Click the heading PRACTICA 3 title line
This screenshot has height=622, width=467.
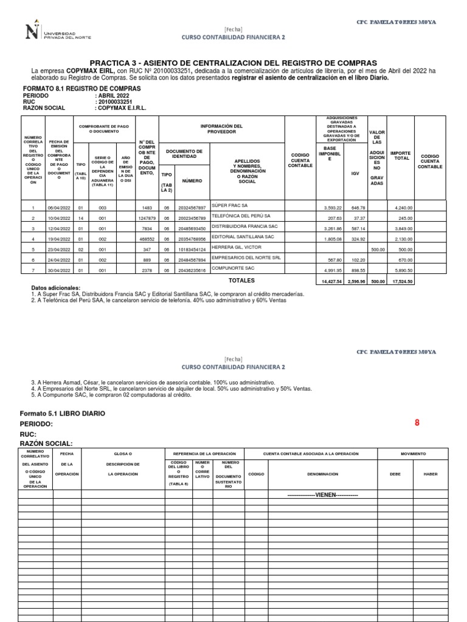click(233, 63)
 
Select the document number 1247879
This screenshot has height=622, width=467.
click(147, 217)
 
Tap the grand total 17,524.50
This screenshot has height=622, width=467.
click(401, 282)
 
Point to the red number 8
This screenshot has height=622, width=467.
click(417, 423)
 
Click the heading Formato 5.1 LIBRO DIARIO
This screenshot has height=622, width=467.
click(63, 413)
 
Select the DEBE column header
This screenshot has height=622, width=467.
click(395, 473)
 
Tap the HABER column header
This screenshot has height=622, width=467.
click(431, 473)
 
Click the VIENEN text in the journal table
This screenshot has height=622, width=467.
click(322, 495)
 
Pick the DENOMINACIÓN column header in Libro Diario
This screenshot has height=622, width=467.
click(322, 473)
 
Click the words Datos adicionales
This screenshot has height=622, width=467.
click(55, 287)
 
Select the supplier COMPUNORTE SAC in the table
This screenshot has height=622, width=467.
click(233, 268)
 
